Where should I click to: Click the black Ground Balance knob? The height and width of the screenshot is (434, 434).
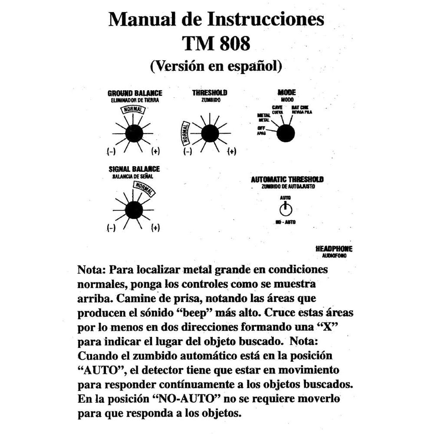point(133,132)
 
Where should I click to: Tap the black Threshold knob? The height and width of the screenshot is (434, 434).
point(210,133)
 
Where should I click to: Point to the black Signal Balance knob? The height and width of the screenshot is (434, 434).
point(133,210)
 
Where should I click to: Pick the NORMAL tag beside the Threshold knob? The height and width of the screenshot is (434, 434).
point(185,132)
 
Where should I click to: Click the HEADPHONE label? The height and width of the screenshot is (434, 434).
point(334,249)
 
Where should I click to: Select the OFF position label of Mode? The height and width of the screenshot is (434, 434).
point(261,128)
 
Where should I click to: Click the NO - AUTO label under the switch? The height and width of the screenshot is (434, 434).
point(286,222)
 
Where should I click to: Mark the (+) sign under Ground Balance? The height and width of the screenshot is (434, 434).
point(155,151)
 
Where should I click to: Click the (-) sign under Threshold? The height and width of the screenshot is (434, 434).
point(187,151)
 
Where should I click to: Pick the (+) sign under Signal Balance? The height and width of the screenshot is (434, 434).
point(155,228)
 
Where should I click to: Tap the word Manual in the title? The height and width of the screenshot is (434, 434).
point(138,20)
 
